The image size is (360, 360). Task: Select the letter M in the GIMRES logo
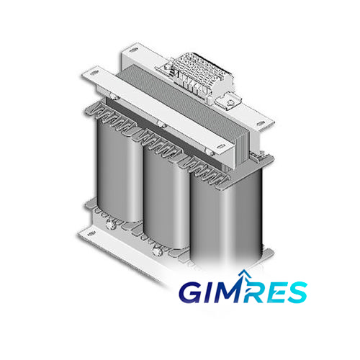point(229,292)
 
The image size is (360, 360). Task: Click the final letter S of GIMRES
point(296,292)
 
